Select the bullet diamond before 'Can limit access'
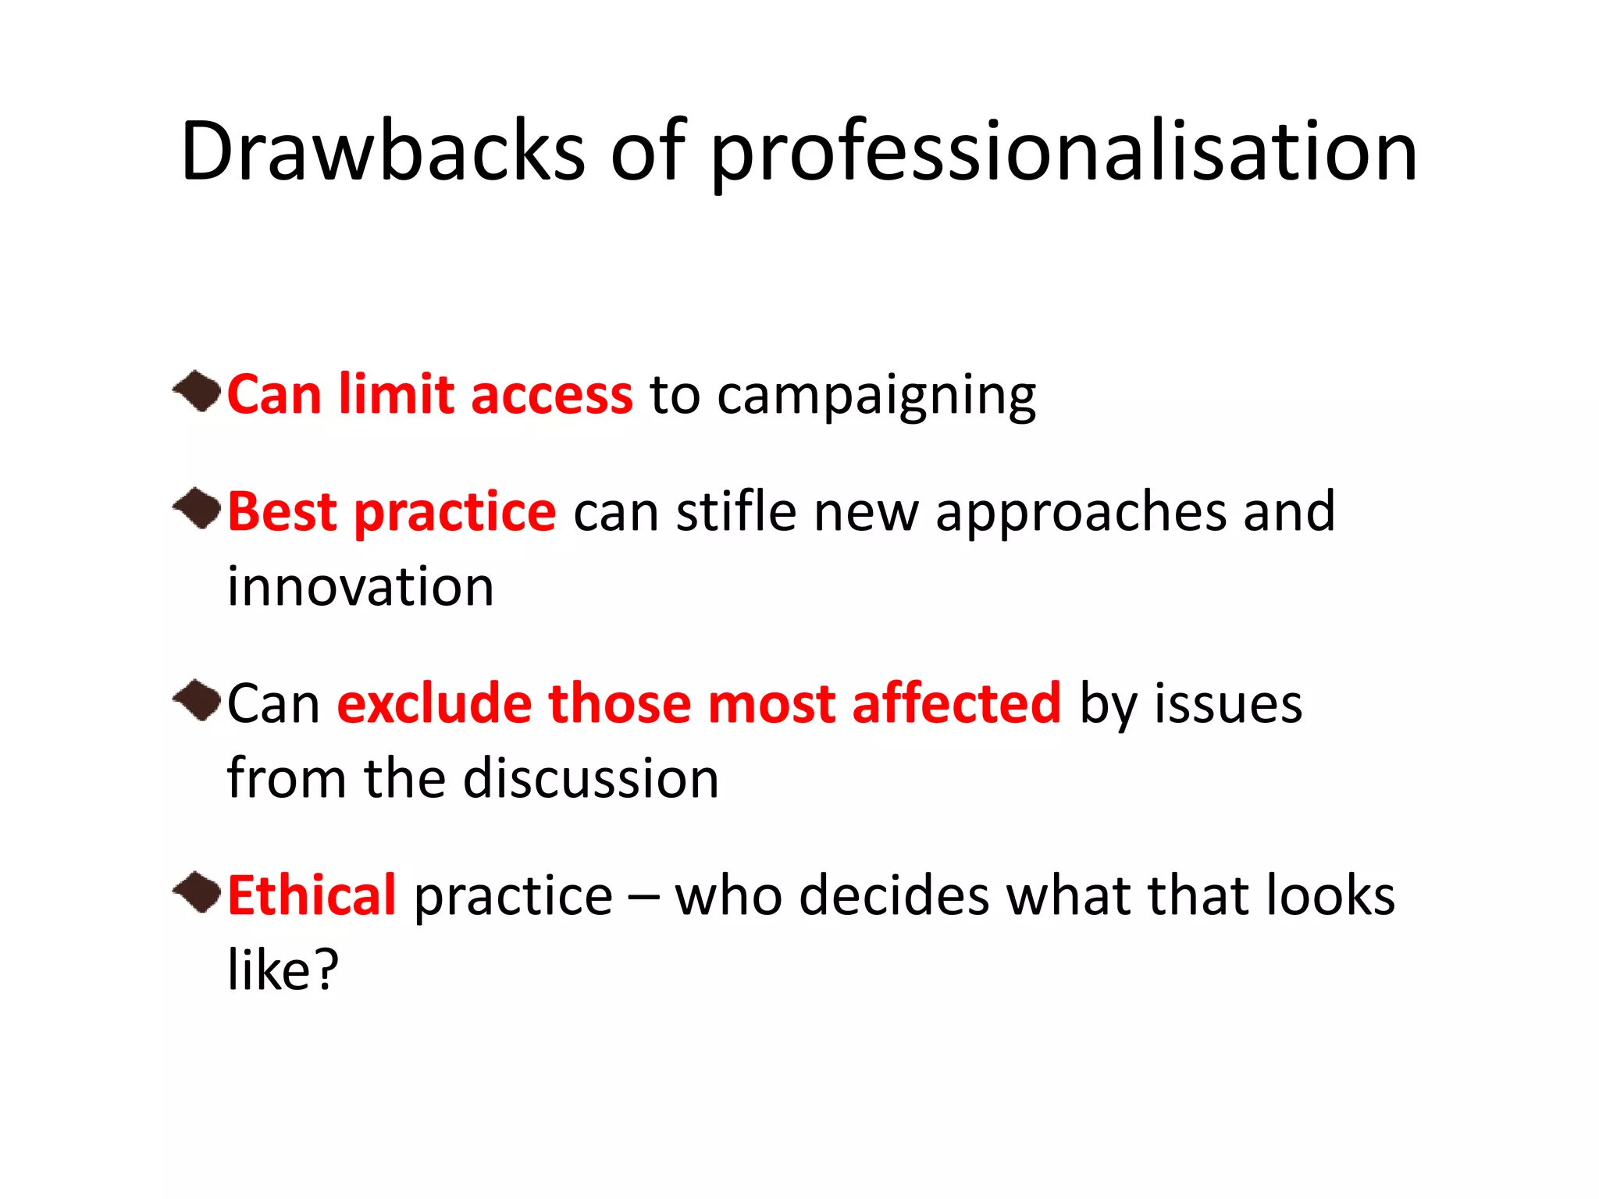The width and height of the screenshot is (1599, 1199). coord(198,391)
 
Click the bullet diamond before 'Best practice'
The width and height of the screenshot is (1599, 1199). coord(198,508)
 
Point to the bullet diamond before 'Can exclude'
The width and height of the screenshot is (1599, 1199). coord(198,700)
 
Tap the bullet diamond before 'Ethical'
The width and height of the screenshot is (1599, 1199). coord(198,892)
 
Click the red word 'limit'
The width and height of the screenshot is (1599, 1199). coord(396,394)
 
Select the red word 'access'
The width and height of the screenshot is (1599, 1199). coord(551,394)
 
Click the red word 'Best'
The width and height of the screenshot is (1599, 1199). coord(282,512)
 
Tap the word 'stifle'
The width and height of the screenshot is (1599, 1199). coord(735,512)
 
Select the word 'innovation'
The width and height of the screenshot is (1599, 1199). coord(361,587)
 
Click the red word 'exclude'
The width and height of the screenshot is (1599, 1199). coord(433,703)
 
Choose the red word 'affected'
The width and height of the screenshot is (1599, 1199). coord(956,703)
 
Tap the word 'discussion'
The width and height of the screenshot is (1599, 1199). coord(591,779)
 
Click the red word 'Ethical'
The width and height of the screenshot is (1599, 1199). coord(312,895)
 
